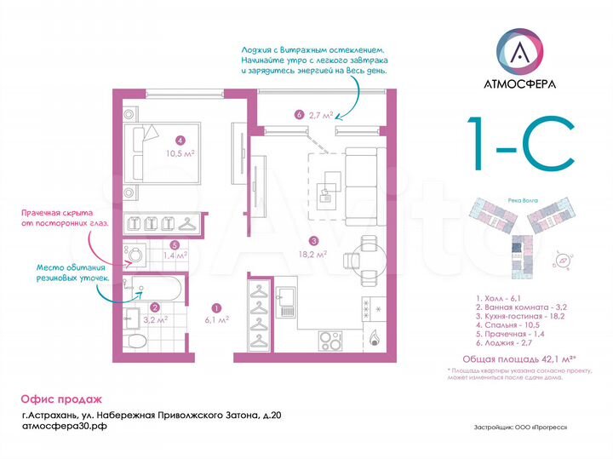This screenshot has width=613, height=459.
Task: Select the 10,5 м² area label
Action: point(180,154)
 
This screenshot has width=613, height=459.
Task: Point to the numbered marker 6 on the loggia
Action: point(298,114)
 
